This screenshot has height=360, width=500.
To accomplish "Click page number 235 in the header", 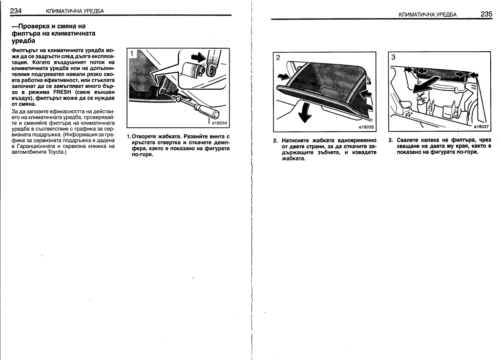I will coord(486,14).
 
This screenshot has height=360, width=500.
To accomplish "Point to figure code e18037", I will coord(481,126).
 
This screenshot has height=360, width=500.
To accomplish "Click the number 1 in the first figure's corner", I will coord(131,53).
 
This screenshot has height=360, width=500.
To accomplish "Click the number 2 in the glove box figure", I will coord(278,57).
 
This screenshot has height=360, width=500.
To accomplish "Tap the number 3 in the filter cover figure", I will coord(393,57).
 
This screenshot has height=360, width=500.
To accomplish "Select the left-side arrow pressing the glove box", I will coord(283,76).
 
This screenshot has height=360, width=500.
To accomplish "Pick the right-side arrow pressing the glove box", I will coord(366,93).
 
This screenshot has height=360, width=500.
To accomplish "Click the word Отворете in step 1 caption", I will coord(146,137).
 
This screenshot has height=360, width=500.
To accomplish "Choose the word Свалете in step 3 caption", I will coord(409,140).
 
